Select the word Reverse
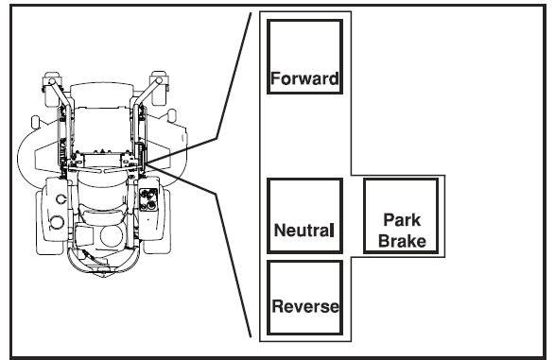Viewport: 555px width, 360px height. [x=304, y=306]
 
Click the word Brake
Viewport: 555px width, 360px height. [x=402, y=241]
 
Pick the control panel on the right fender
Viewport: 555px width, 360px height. [x=147, y=200]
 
